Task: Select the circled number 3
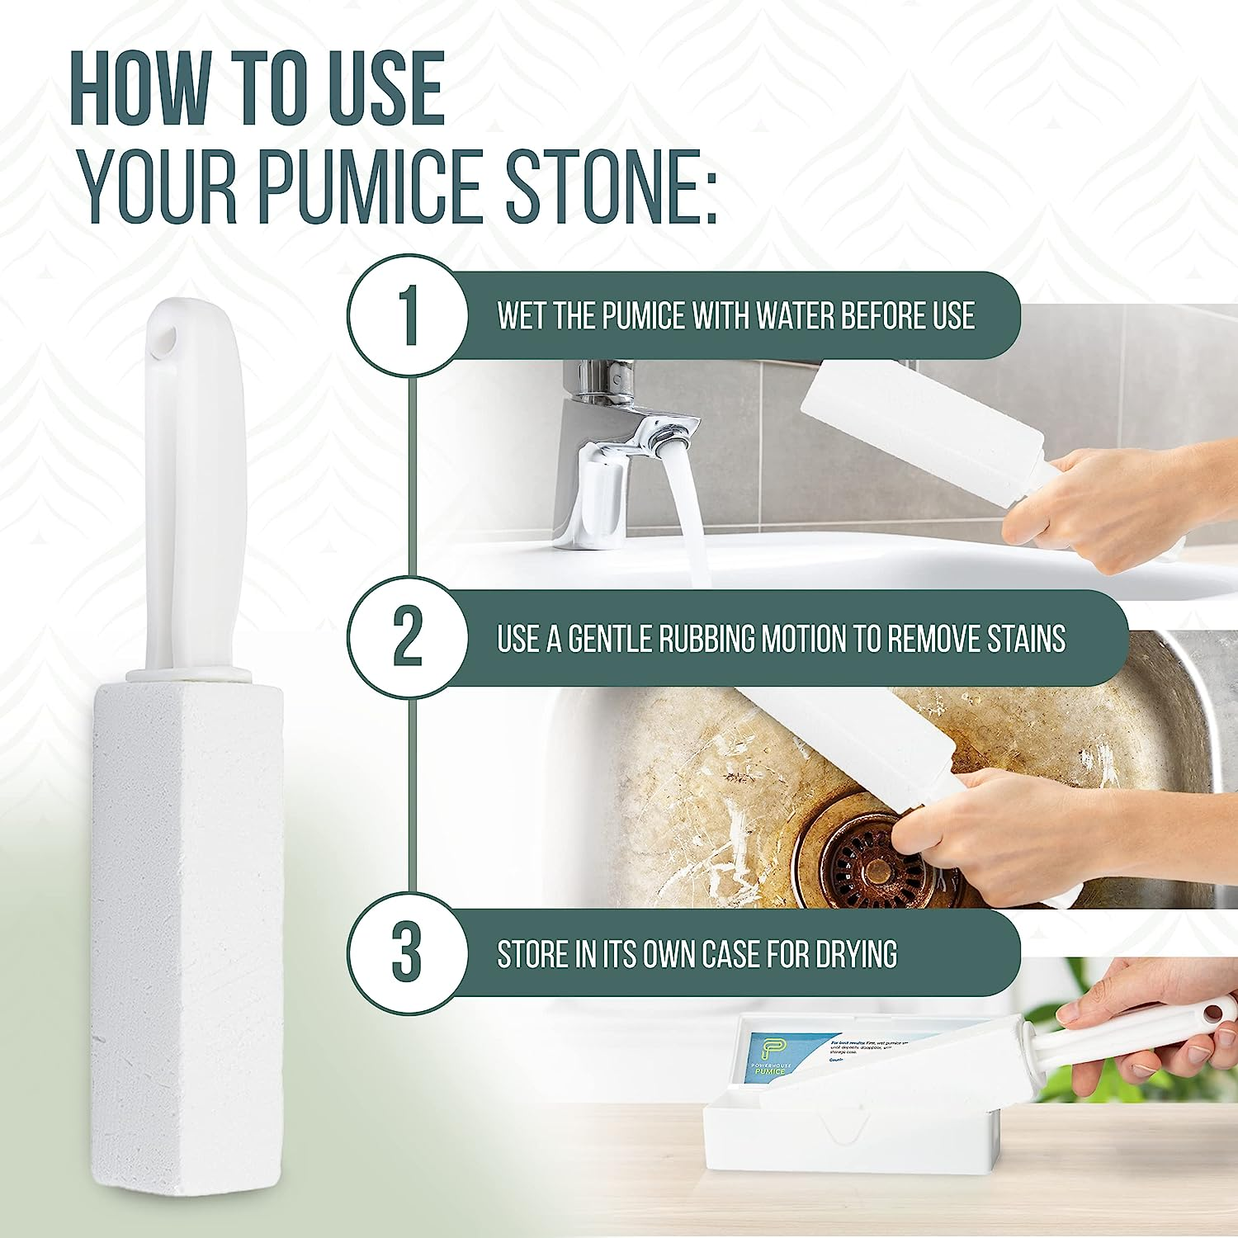point(406,953)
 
